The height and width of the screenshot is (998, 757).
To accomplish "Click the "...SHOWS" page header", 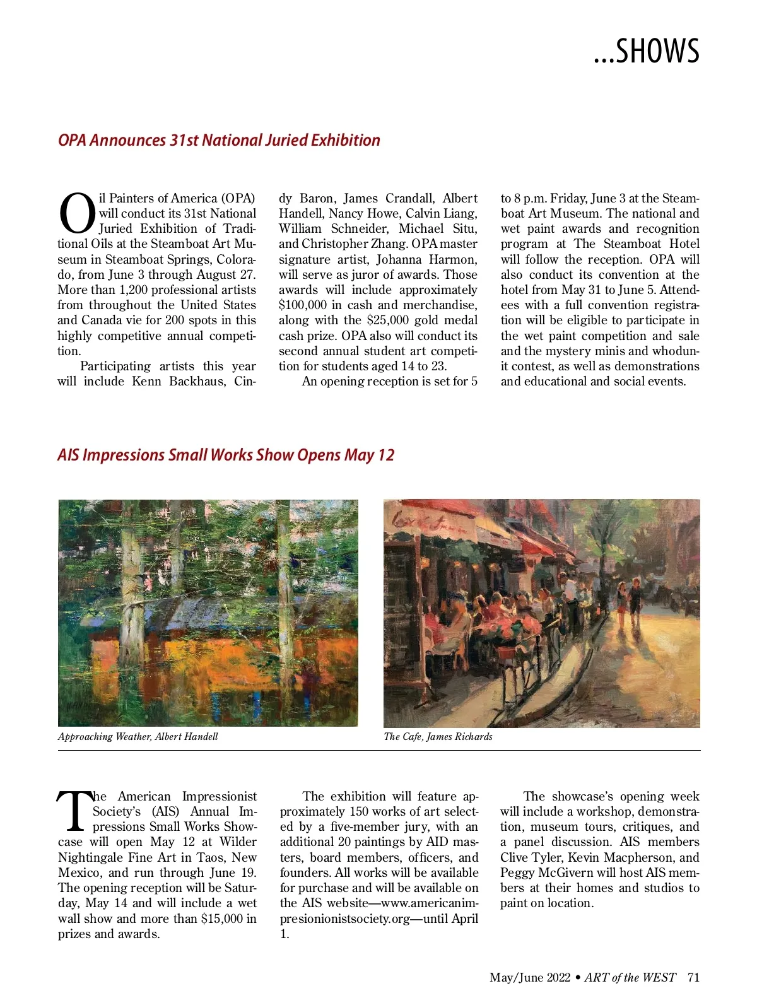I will tap(646, 51).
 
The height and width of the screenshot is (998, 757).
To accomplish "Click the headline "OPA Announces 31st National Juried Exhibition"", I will tap(219, 140).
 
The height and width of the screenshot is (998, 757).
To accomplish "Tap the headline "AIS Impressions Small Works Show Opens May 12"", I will tap(226, 455).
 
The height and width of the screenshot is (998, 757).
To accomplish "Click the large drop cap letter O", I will tap(77, 213).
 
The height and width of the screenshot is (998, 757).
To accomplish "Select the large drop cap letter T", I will tap(74, 811).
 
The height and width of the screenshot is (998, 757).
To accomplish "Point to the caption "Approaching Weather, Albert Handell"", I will tap(138, 736).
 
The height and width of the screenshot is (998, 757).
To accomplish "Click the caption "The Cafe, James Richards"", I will tap(438, 736).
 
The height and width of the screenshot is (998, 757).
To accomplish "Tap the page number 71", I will tap(693, 977).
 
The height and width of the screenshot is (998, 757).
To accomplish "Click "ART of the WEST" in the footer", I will tap(630, 977).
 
